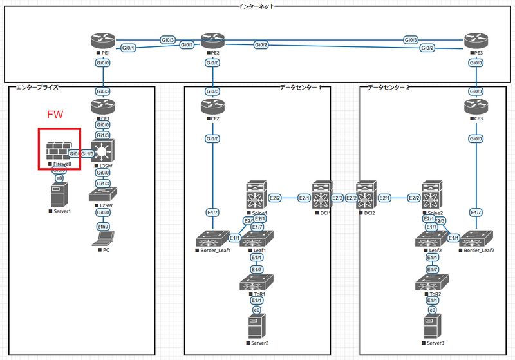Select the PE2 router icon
211,42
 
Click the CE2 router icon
211,107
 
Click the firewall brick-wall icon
58,151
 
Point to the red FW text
56,115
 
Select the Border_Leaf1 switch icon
213,238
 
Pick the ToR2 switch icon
432,283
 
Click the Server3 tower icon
432,326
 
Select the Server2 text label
259,343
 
